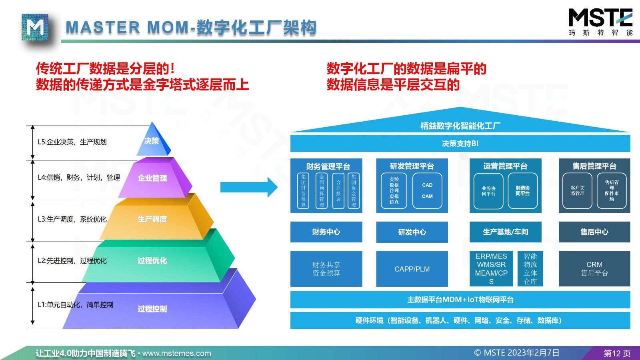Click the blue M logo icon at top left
pyautogui.click(x=35, y=27)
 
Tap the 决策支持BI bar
pyautogui.click(x=460, y=144)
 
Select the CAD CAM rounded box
pyautogui.click(x=427, y=191)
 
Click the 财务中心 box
pyautogui.click(x=326, y=232)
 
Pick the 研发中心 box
pyautogui.click(x=412, y=232)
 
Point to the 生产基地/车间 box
pyautogui.click(x=505, y=232)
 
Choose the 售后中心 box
pyautogui.click(x=594, y=232)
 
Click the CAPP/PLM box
pyautogui.click(x=412, y=269)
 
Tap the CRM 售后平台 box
pyautogui.click(x=594, y=269)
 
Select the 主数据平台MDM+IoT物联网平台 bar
pyautogui.click(x=460, y=300)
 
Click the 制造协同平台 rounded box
pyautogui.click(x=522, y=191)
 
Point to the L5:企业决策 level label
pyautogui.click(x=72, y=142)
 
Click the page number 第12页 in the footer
pyautogui.click(x=617, y=353)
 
